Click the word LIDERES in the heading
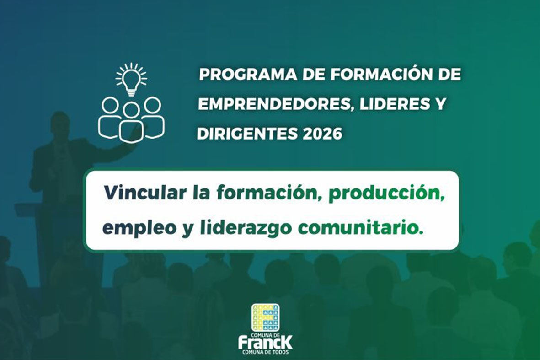coord(391,104)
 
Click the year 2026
coord(322,133)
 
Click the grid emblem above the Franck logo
coord(265,317)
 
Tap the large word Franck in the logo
coord(265,343)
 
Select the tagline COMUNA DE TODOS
coord(265,352)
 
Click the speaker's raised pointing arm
coord(114,150)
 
